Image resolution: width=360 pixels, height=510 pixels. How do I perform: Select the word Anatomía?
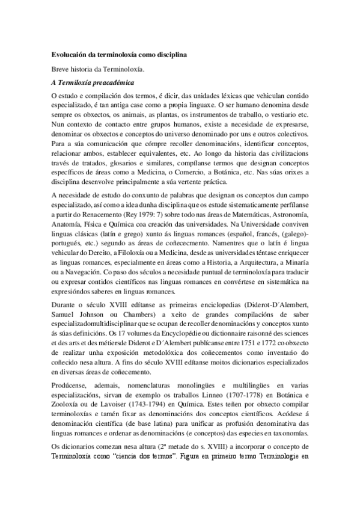coord(67,223)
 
